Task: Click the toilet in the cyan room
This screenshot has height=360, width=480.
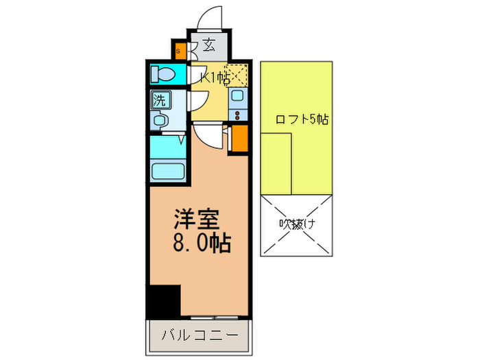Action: coord(164,73)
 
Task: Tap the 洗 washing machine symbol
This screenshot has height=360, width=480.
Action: coord(159,99)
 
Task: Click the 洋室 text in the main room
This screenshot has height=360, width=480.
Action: coord(195,220)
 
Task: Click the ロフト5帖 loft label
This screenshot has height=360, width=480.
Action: coord(301,119)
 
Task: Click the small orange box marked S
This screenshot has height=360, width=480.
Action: coord(179,51)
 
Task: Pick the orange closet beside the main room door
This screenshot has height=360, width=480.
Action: coord(239,139)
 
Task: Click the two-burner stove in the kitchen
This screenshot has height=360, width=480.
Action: coord(239,115)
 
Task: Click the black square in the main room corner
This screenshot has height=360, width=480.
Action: coord(164,300)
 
